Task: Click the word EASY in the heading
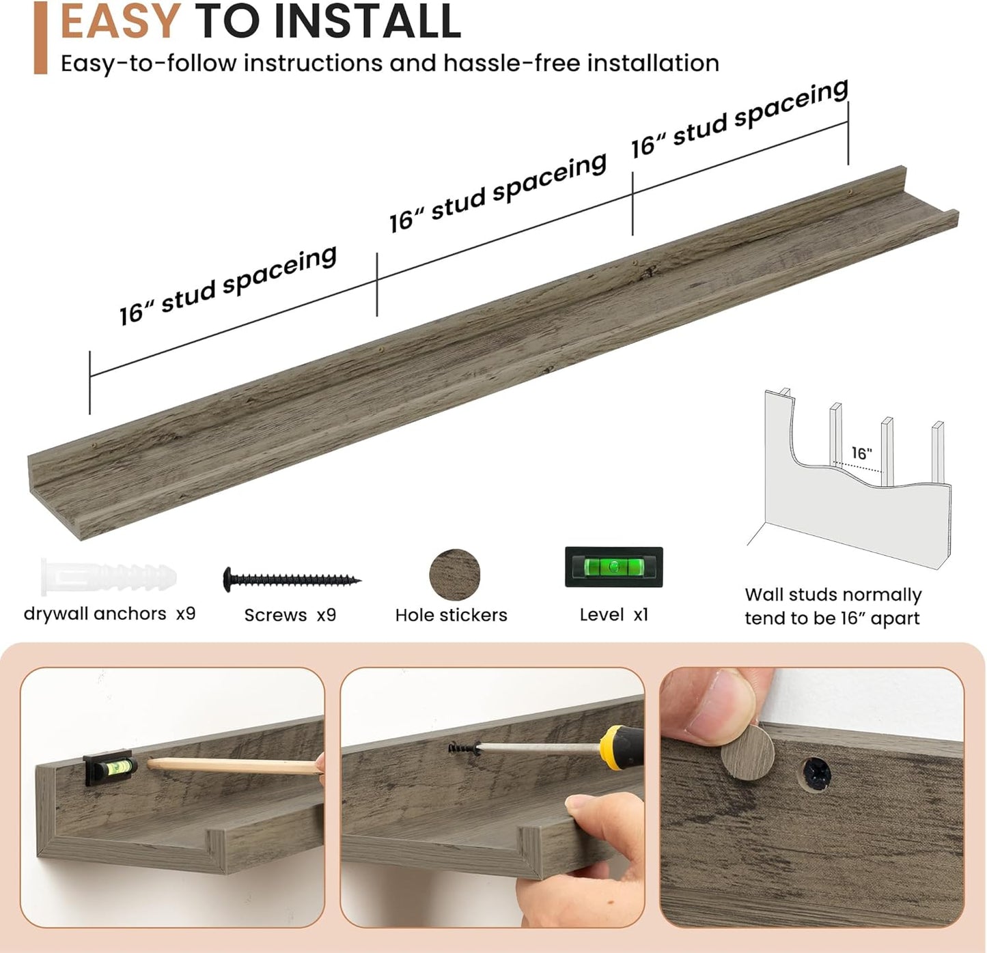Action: [120, 20]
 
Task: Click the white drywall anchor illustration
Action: [109, 577]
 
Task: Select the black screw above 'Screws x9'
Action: [292, 580]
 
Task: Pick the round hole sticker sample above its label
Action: [454, 575]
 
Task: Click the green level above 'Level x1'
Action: [613, 567]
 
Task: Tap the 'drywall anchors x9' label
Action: [109, 614]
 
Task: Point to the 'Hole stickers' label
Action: [451, 615]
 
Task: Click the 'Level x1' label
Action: [613, 615]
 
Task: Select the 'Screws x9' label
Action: [290, 615]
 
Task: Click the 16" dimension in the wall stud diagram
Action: [862, 453]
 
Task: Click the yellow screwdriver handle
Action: [621, 748]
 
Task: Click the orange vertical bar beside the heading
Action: [40, 38]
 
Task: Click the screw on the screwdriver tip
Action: [464, 748]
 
